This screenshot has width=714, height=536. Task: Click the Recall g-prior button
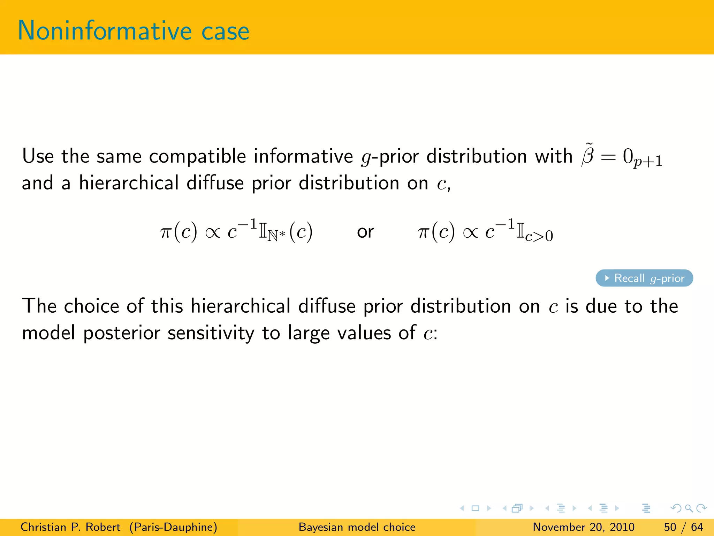644,278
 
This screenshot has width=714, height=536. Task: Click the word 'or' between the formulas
365,232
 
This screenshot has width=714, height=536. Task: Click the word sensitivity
211,333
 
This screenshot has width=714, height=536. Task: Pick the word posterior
122,333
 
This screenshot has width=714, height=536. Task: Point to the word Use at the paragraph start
38,156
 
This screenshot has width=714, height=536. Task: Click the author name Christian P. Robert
70,527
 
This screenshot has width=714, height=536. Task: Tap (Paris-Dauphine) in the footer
173,527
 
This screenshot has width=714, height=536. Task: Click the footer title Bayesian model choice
357,527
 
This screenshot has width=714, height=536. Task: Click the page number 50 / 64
683,527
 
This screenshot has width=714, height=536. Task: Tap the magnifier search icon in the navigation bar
689,508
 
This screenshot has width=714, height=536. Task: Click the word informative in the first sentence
303,156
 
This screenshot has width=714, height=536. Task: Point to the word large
309,333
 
